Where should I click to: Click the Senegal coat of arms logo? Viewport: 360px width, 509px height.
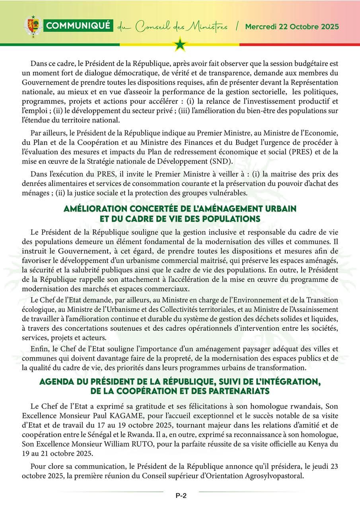pos(33,26)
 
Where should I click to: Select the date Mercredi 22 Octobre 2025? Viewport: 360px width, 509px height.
pos(292,27)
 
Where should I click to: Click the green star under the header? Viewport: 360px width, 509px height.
pos(180,44)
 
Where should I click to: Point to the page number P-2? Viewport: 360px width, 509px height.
pos(181,495)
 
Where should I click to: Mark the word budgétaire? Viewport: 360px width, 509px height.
pos(306,64)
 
